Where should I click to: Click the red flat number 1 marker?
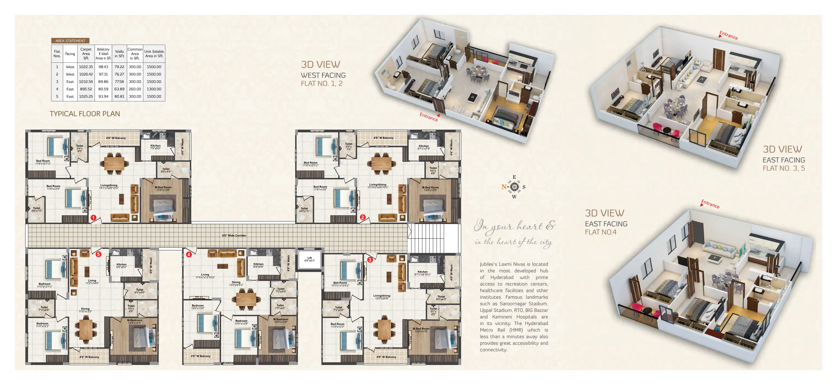94,217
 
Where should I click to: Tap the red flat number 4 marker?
189,254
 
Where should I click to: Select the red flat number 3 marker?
370,260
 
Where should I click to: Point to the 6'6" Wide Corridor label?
234,235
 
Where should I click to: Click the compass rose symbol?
514,187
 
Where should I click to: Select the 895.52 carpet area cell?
86,89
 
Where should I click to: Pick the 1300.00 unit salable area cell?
154,89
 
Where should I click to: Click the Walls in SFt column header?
119,53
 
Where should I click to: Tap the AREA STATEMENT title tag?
70,41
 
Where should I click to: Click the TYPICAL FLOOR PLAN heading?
85,114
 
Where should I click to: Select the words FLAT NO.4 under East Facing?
601,232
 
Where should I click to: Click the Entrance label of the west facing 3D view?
429,117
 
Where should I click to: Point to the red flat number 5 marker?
98,254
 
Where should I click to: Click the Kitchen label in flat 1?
155,146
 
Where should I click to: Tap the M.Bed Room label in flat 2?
430,188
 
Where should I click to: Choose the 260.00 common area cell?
135,89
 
